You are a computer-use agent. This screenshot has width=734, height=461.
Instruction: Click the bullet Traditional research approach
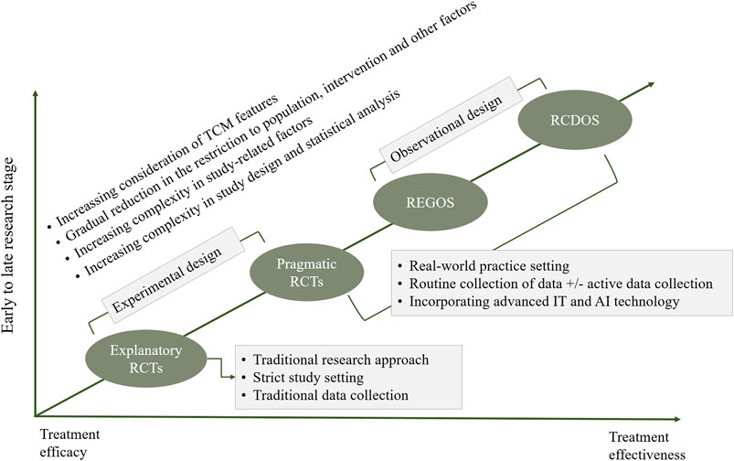tap(324, 359)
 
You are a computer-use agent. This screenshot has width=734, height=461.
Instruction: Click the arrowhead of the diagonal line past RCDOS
tap(652, 85)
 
